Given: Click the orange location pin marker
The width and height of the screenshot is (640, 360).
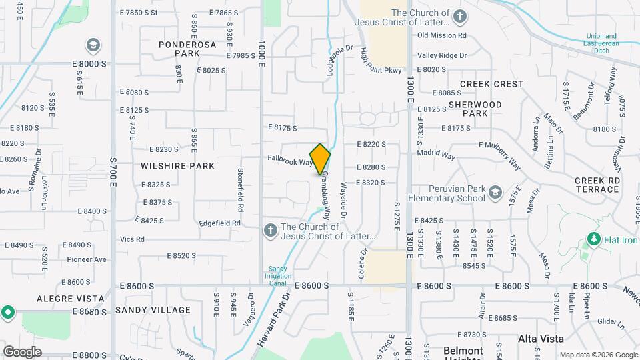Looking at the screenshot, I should [x=321, y=159].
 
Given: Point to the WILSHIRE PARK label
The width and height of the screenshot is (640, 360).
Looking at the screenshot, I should [x=178, y=166].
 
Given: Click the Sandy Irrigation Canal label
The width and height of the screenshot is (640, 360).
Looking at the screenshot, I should [x=279, y=276].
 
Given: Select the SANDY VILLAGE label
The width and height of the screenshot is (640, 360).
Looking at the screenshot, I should [x=153, y=310].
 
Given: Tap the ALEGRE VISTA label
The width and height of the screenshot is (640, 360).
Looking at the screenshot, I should [x=70, y=299].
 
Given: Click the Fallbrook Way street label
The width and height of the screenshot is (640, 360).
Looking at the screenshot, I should [x=290, y=161].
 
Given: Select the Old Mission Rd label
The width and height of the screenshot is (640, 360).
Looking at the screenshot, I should [x=441, y=35].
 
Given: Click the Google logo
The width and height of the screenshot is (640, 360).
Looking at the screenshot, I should [x=22, y=351].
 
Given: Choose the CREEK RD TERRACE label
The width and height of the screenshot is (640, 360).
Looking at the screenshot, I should [x=597, y=185].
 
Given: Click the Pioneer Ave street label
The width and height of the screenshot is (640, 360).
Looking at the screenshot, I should [x=86, y=259].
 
